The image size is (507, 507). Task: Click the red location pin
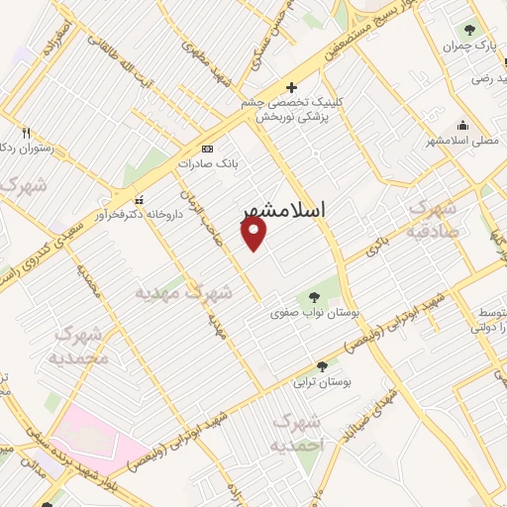click(254, 234)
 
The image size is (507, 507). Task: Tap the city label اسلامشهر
click(290, 212)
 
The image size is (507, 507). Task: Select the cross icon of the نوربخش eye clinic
click(290, 87)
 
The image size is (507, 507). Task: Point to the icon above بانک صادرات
click(207, 148)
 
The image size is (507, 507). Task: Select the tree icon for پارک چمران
click(469, 31)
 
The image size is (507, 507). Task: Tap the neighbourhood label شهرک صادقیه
click(432, 221)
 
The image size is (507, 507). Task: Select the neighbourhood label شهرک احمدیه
click(304, 434)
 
